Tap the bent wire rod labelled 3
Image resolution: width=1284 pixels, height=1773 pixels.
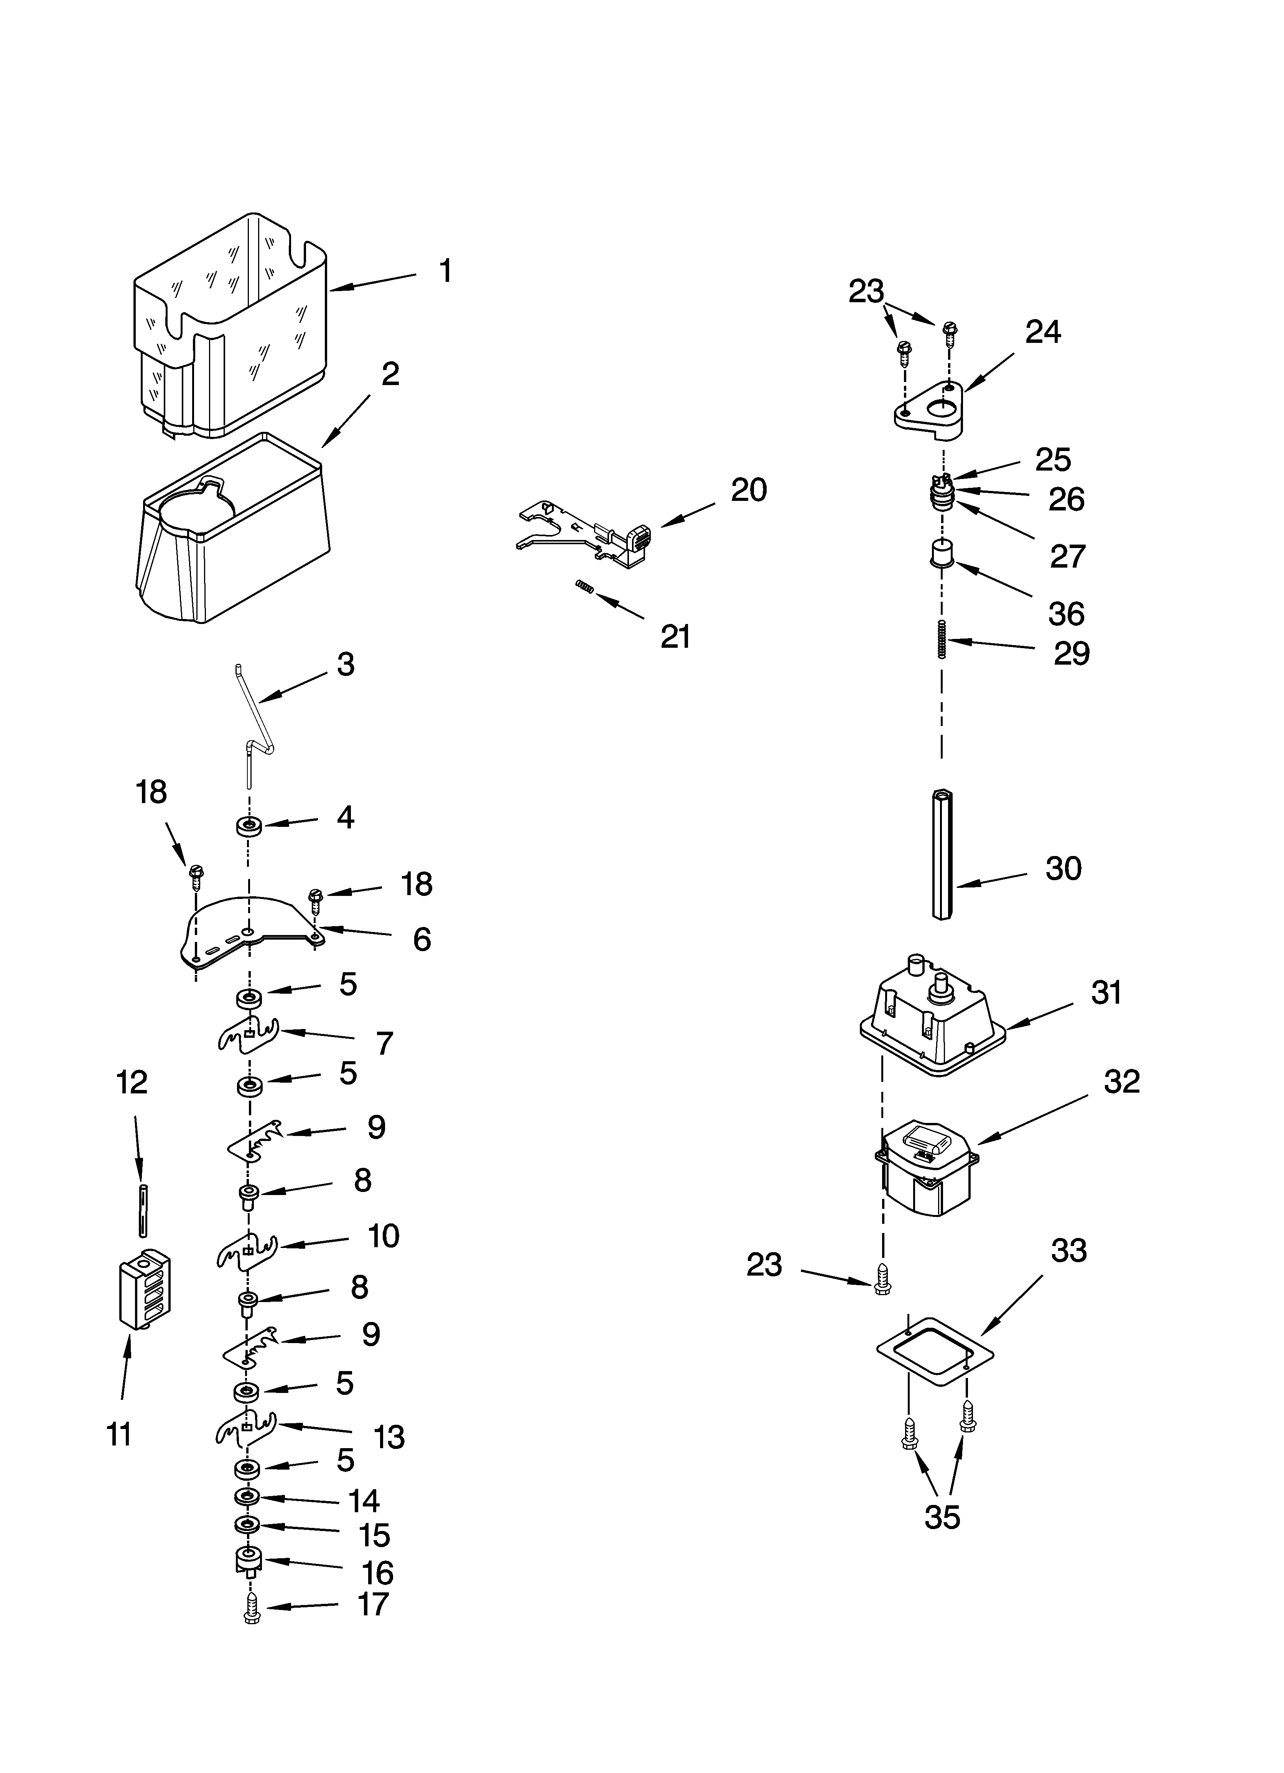[x=260, y=719]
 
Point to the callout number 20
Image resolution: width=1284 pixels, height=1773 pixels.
[x=748, y=490]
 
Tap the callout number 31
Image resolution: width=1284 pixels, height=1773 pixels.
[x=1106, y=993]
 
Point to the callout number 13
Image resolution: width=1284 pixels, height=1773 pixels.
[x=388, y=1437]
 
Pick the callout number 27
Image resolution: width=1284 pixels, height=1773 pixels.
[x=1067, y=556]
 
